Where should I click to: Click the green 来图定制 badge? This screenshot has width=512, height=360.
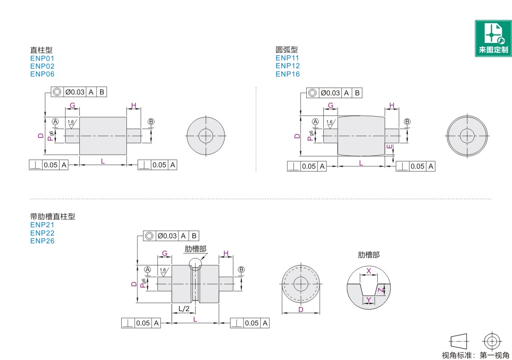493,38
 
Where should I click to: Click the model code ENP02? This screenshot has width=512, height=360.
42,66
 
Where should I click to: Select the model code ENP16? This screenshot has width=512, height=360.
287,74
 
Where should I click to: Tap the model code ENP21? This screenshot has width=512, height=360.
42,225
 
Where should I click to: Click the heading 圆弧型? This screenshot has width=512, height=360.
287,50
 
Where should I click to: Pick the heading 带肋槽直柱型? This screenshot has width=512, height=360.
53,216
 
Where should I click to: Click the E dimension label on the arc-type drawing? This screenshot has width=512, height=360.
389,147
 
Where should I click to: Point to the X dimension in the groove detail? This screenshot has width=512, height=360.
369,271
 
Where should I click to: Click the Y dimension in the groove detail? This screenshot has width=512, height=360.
369,300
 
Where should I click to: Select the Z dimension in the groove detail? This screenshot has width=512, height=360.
381,290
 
